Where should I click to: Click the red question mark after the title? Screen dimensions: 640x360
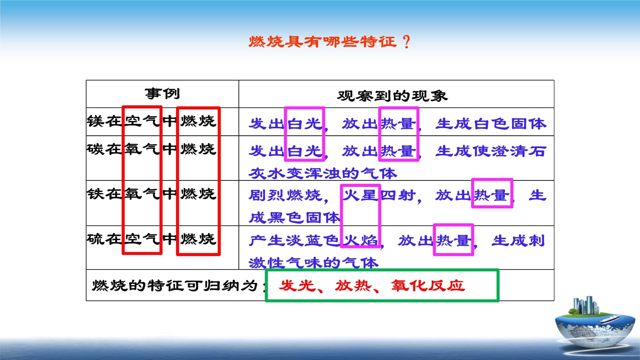coord(406,42)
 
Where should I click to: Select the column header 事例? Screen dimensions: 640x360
coord(162,94)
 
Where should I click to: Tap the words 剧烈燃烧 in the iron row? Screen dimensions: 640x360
coord(286,195)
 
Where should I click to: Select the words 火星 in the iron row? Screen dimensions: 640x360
coord(361,195)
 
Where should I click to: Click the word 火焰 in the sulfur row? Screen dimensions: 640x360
coord(361,240)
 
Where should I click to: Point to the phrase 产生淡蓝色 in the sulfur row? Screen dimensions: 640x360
coord(294,240)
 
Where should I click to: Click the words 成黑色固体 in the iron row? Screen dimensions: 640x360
coord(294,218)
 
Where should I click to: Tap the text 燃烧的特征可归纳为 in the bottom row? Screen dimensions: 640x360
coord(175,285)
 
